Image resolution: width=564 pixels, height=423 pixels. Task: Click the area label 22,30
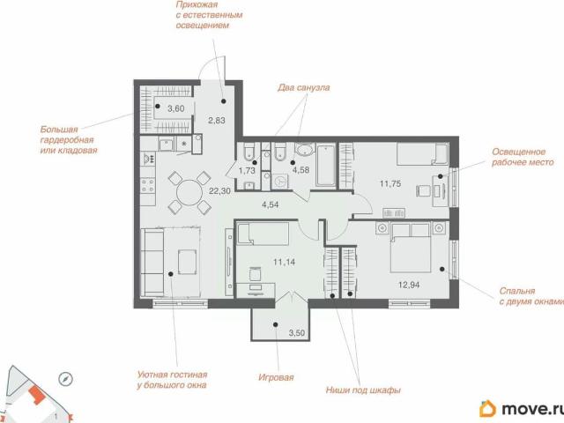(x=219, y=190)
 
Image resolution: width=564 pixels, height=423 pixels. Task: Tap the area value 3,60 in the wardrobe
(x=176, y=108)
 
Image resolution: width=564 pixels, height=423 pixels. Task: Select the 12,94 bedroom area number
(x=409, y=285)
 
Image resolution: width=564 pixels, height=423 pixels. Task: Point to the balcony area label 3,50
(x=297, y=333)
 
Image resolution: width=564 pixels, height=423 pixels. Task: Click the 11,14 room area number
(x=284, y=262)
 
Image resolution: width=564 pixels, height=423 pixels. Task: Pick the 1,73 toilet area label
(x=247, y=170)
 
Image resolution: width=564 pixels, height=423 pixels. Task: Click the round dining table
(x=189, y=193)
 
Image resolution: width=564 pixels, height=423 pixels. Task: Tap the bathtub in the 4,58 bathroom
(x=326, y=165)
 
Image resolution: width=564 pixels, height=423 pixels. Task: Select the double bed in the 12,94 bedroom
(x=411, y=248)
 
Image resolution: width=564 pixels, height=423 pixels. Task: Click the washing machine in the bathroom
(x=279, y=182)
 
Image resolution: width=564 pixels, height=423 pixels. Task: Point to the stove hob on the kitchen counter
(x=147, y=186)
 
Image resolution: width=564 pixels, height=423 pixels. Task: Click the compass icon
(x=65, y=378)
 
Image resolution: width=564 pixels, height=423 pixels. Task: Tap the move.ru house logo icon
(x=487, y=409)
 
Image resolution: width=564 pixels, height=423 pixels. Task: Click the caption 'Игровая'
(x=276, y=377)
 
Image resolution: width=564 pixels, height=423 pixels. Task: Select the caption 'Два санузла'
(x=303, y=88)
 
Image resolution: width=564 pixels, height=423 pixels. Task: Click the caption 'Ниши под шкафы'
(x=363, y=390)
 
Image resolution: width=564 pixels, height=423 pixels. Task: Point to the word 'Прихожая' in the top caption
(x=197, y=4)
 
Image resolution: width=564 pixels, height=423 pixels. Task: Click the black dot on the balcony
(x=276, y=324)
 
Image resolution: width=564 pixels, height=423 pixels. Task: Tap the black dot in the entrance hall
(x=223, y=101)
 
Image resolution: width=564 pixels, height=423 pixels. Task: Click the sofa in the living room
(x=152, y=263)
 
